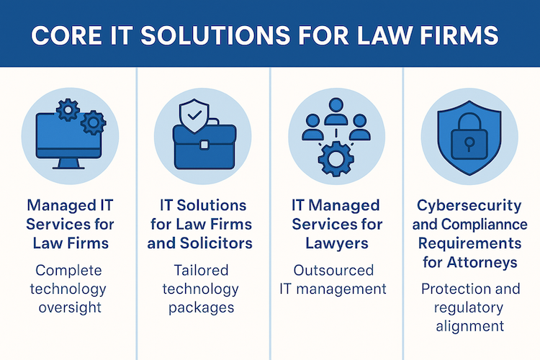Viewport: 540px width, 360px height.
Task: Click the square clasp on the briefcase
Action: click(x=203, y=145)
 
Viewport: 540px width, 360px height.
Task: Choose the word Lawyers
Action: click(x=333, y=243)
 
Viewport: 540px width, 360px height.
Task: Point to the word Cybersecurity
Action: click(x=470, y=206)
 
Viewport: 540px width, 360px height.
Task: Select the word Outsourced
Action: click(x=333, y=271)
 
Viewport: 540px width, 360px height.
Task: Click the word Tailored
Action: click(x=201, y=271)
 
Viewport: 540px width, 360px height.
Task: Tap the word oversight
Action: click(x=70, y=307)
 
